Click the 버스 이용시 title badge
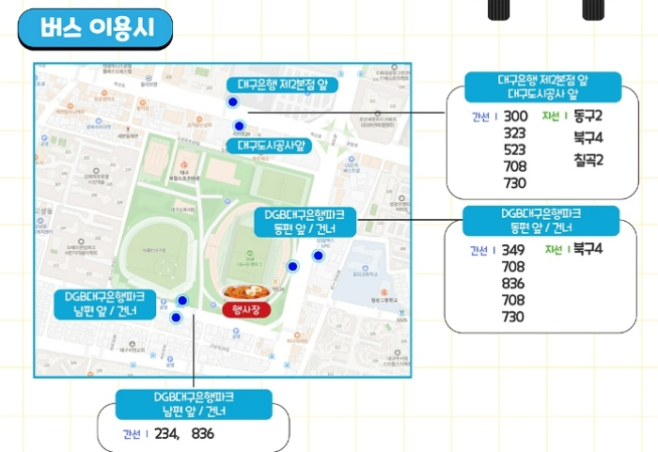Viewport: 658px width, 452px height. coord(95,30)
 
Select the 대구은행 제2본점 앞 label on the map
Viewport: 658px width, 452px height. coord(281,85)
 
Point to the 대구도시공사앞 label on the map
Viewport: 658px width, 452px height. coord(272,146)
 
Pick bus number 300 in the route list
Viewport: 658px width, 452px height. coord(515,117)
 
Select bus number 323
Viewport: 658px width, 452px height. coord(515,133)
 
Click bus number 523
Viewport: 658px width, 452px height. coord(515,149)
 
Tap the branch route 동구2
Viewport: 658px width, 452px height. coord(587,117)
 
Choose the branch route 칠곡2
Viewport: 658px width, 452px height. coord(587,160)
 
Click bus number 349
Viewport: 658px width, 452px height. coord(513,250)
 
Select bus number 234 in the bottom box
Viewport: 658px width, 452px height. coord(165,434)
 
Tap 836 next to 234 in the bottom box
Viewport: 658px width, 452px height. coord(203,434)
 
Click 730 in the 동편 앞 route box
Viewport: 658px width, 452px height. coord(513,317)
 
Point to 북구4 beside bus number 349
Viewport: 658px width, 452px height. coord(587,249)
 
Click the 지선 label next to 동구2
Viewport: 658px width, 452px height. coord(552,117)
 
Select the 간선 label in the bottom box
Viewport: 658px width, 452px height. coord(131,434)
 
